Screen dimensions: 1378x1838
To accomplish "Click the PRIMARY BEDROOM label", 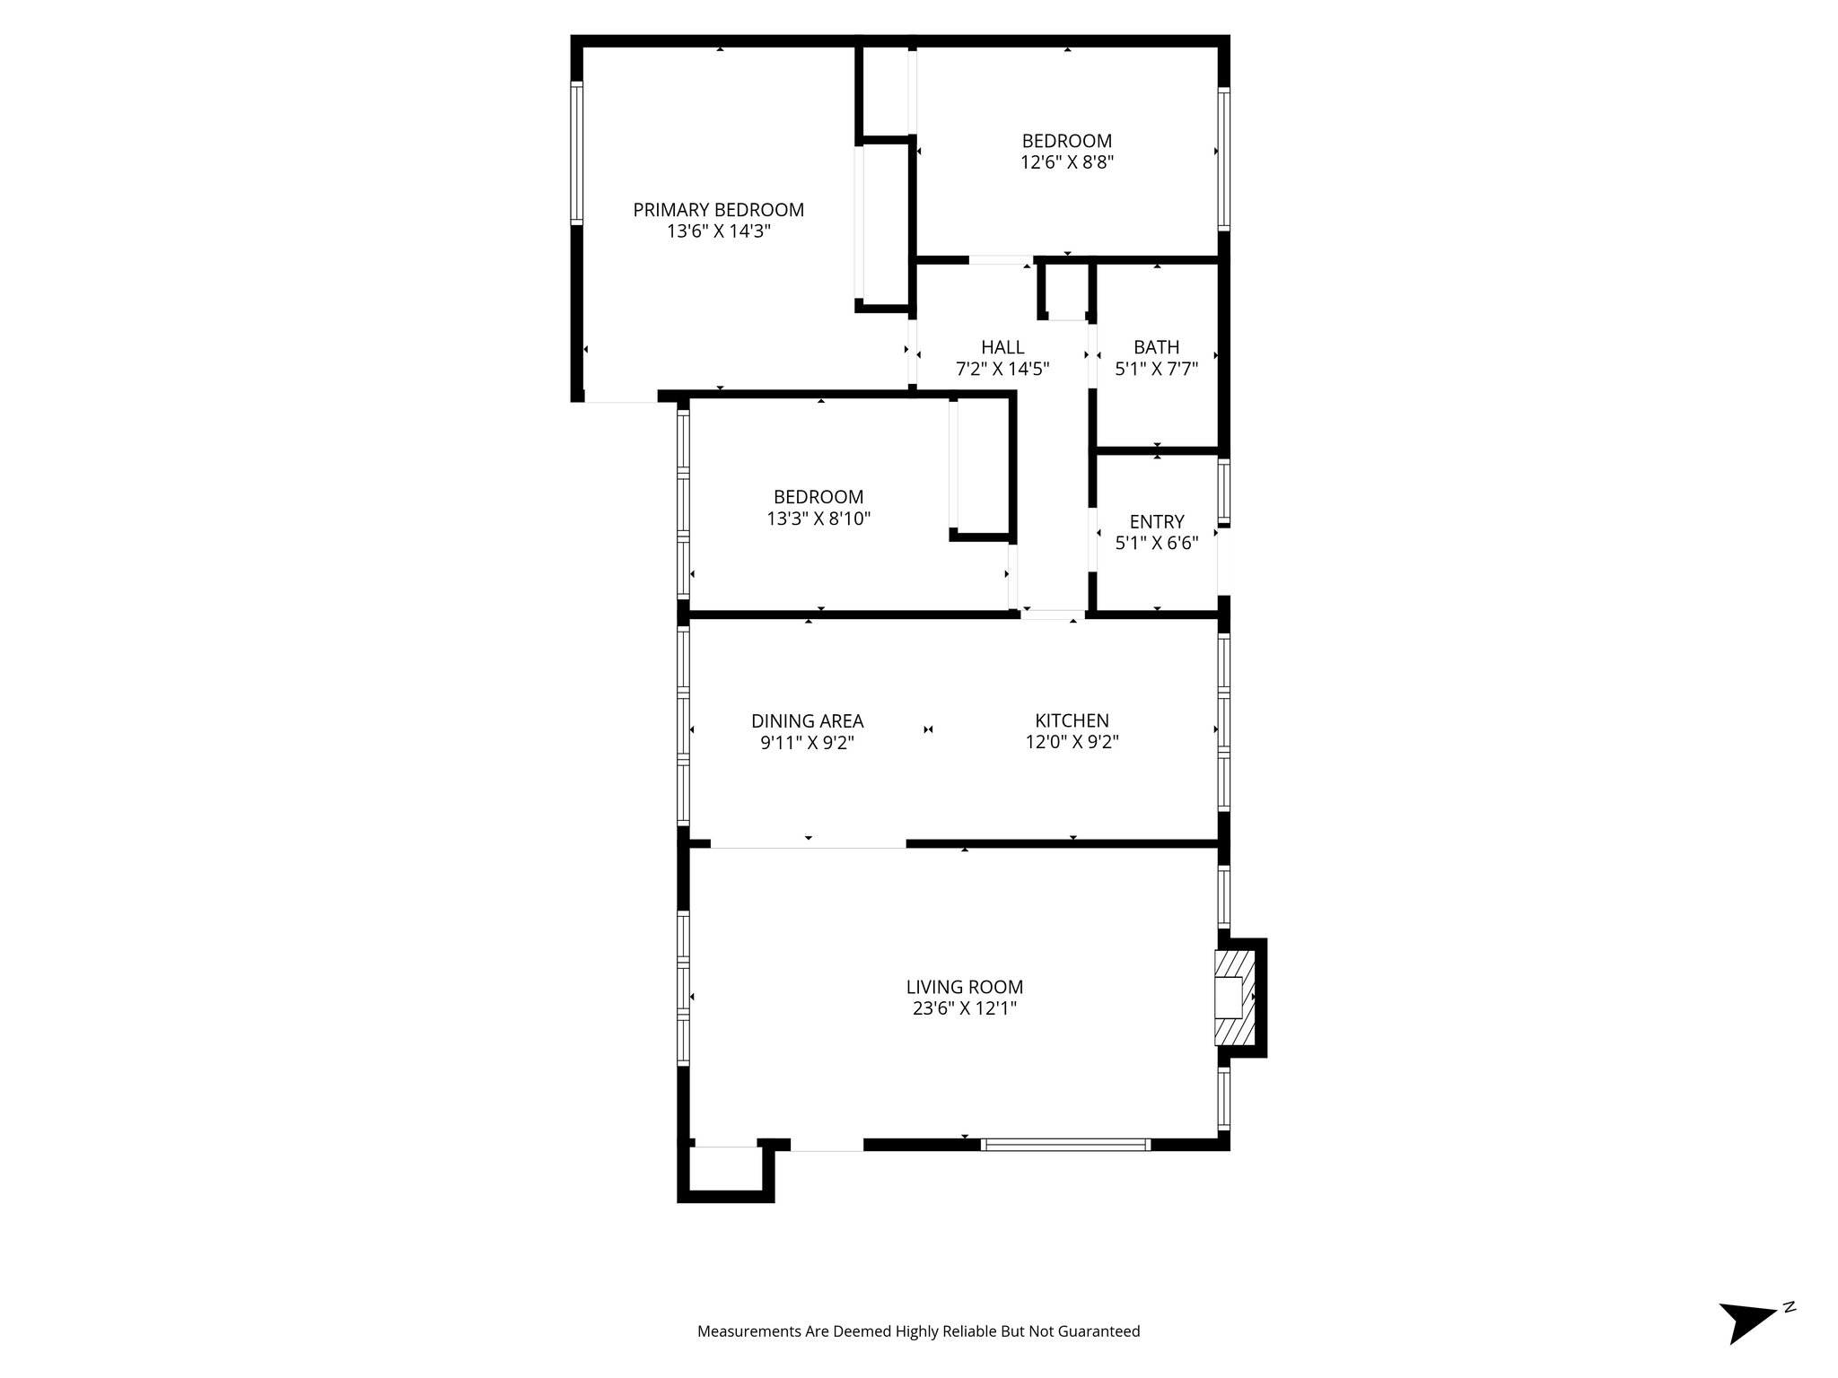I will pos(718,210).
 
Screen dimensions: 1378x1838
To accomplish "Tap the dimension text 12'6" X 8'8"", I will pos(1066,163).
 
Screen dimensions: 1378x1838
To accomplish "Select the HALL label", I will pos(1002,347).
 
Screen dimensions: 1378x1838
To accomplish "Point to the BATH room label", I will pos(1156,347).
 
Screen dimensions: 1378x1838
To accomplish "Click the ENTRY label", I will pos(1156,521).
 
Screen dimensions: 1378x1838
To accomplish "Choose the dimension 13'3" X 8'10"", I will pos(818,519).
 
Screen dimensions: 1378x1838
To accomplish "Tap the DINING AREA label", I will pos(807,720).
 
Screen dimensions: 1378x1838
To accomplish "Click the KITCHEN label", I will pos(1072,720).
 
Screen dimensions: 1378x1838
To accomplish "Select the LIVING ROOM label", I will pos(964,987).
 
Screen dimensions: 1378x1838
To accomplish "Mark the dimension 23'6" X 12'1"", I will pos(964,1008).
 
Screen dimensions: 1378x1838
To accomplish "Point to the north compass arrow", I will pos(1746,1343).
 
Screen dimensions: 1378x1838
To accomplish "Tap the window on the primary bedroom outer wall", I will pos(577,153).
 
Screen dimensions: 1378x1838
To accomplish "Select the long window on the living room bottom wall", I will pos(1065,1145).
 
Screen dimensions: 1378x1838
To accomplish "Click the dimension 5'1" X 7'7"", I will pos(1156,369).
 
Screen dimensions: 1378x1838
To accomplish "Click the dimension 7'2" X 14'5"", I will pos(1002,369).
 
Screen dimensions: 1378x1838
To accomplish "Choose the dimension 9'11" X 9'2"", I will pos(807,743).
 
